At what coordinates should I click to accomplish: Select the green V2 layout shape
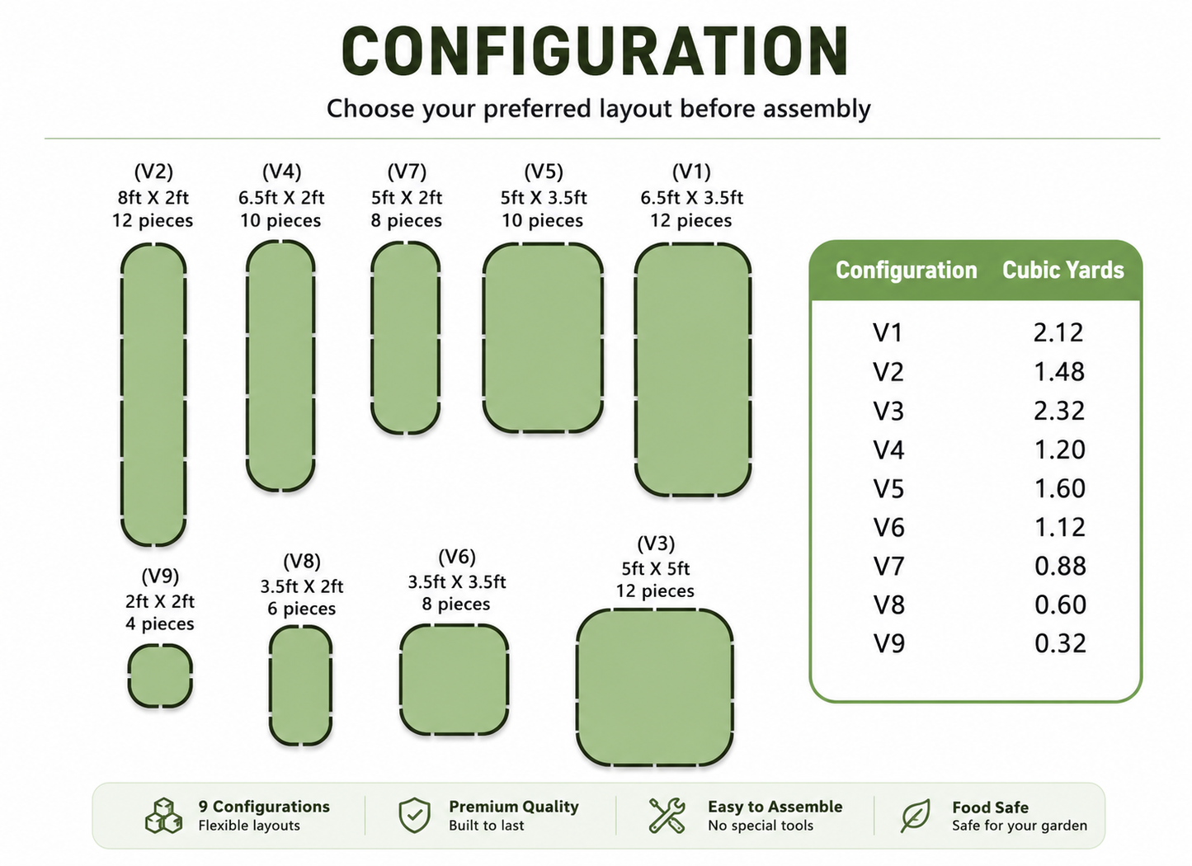coord(153,394)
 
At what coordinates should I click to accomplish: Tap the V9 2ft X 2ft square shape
coord(160,675)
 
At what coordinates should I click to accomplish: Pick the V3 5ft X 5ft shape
coord(655,687)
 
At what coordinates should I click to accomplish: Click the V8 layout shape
coord(300,685)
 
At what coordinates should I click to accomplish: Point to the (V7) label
coord(407,172)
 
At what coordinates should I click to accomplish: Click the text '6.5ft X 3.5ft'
coord(691,198)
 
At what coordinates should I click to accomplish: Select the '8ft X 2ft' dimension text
coord(153,198)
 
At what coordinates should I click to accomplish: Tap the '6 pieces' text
coord(302,609)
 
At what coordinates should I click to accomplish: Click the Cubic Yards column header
coord(1063,270)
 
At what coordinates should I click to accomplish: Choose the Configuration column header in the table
coord(907,271)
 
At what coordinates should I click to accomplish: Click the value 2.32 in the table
coord(1059,411)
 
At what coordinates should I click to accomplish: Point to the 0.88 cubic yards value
coord(1060,566)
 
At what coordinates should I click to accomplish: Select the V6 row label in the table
coord(888,527)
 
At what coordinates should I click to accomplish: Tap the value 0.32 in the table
coord(1060,643)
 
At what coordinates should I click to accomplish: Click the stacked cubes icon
coord(163,815)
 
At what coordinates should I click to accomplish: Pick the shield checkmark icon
coord(415,815)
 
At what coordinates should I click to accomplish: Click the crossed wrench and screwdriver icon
coord(667,815)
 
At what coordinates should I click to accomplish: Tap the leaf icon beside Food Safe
coord(916,816)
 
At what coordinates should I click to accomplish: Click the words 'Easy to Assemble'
coord(775,807)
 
